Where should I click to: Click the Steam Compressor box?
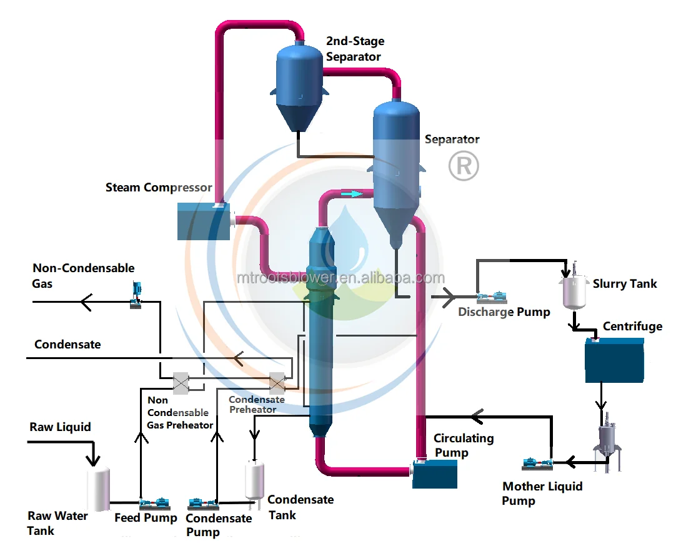pyautogui.click(x=204, y=221)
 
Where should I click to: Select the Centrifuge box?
pyautogui.click(x=614, y=360)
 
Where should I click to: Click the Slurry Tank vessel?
pyautogui.click(x=573, y=290)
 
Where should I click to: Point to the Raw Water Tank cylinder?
pyautogui.click(x=98, y=488)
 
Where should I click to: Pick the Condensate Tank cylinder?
pyautogui.click(x=254, y=480)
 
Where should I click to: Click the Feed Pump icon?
pyautogui.click(x=154, y=502)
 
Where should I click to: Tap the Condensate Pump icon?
pyautogui.click(x=203, y=504)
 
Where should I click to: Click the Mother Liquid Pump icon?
pyautogui.click(x=537, y=464)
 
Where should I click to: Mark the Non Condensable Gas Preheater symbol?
pyautogui.click(x=181, y=383)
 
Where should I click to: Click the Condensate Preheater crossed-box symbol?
pyautogui.click(x=276, y=382)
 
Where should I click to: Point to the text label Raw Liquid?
pyautogui.click(x=60, y=427)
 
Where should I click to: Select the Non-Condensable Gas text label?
pyautogui.click(x=83, y=276)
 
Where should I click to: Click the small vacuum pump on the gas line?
pyautogui.click(x=137, y=295)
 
